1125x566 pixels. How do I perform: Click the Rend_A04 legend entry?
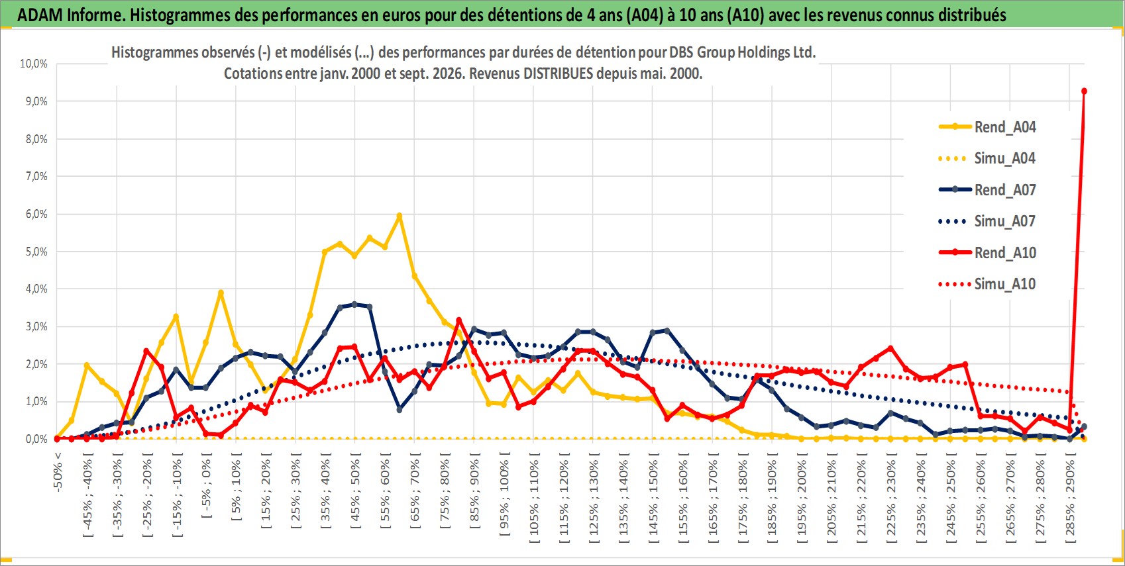click(987, 127)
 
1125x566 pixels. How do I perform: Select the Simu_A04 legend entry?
click(987, 159)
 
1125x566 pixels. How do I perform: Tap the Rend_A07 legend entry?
click(987, 190)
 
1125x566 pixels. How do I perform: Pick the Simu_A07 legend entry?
click(987, 221)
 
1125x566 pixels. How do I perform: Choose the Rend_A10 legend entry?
click(987, 252)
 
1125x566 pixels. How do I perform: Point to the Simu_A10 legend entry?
click(987, 284)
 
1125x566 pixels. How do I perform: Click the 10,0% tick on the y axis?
click(34, 64)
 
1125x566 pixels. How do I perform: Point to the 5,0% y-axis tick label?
click(36, 252)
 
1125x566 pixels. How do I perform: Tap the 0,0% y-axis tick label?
click(36, 439)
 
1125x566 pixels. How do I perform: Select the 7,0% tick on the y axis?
click(36, 176)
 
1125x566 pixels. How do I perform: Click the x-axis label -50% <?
click(57, 472)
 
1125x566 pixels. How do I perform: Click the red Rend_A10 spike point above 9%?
click(1084, 91)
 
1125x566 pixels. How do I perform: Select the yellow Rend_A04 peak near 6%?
click(400, 216)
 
